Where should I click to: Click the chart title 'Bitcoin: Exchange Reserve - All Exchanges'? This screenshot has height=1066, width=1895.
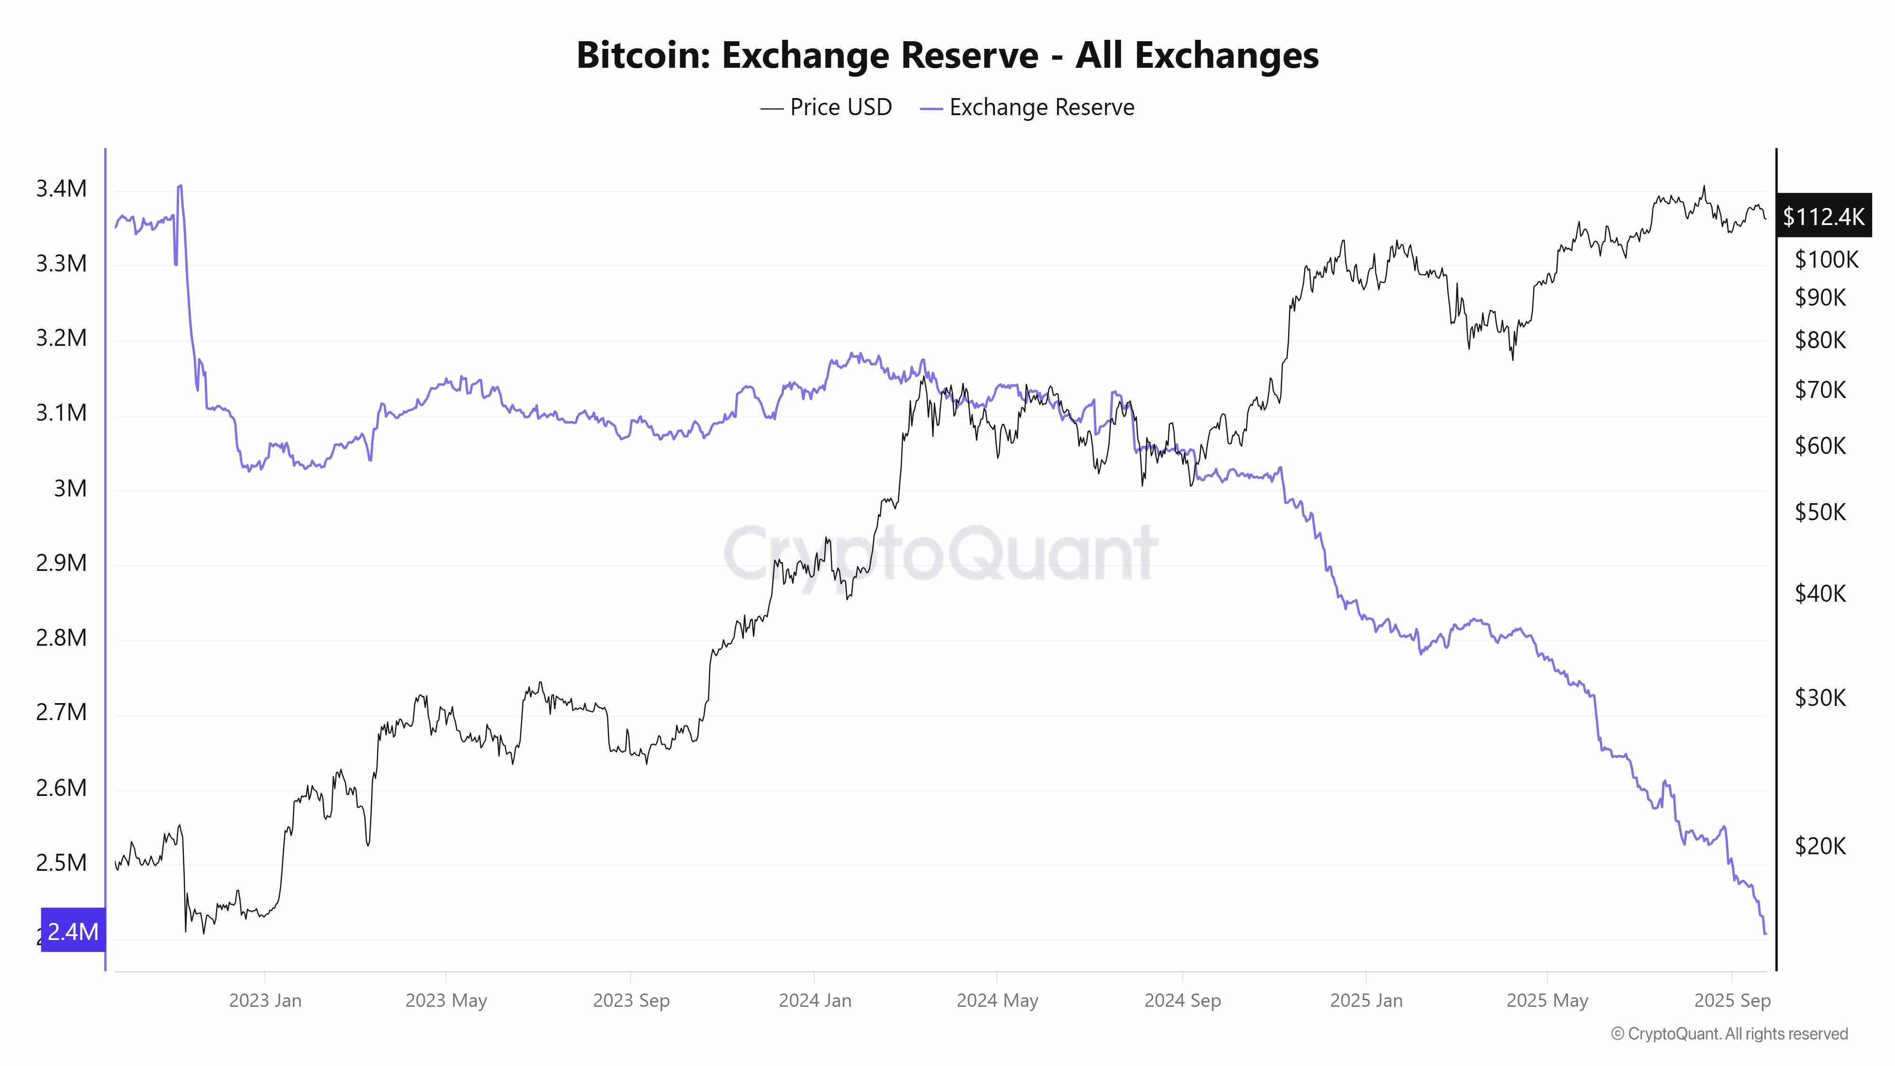pos(947,55)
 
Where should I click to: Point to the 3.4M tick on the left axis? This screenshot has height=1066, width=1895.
pos(61,189)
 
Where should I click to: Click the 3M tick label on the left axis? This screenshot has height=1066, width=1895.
pos(70,488)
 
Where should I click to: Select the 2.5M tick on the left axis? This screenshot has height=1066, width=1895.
pos(61,863)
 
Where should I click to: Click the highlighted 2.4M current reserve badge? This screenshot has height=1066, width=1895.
pos(73,931)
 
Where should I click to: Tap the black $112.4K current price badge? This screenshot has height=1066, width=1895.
pos(1823,217)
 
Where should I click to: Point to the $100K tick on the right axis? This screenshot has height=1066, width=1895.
pos(1826,260)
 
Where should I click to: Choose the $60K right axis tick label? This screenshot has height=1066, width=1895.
pos(1820,446)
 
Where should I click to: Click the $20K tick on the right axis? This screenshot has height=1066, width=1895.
pos(1820,847)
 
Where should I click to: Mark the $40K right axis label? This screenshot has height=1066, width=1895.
pos(1820,594)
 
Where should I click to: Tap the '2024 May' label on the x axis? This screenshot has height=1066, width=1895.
pos(997,1001)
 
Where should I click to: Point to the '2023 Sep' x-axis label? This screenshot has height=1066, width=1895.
pos(631,1001)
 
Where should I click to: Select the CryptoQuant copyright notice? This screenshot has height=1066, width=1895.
pos(1729,1034)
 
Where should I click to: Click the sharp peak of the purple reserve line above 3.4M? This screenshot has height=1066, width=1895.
pos(180,186)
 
